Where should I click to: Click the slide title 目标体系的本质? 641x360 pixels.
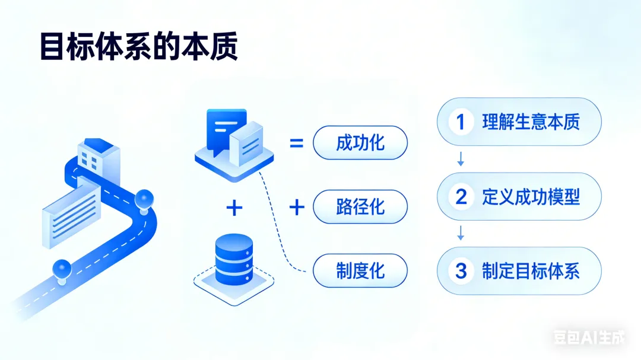click(138, 47)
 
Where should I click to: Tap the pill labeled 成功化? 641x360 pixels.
click(360, 143)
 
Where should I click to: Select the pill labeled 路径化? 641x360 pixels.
click(360, 207)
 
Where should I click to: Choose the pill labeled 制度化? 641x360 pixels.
click(360, 270)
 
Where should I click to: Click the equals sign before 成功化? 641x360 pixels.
click(296, 143)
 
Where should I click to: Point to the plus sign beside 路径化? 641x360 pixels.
click(296, 207)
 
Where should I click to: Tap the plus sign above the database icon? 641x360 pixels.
click(234, 207)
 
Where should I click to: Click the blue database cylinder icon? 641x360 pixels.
click(234, 259)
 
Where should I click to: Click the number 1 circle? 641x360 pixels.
click(460, 122)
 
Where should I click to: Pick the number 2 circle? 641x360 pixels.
click(461, 197)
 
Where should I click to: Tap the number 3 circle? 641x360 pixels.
click(461, 271)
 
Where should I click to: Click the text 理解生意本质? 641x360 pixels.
click(531, 122)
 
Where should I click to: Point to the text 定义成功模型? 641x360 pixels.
click(531, 197)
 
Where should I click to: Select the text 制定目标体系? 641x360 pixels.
click(531, 271)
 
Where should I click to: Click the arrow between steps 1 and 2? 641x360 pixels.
click(461, 159)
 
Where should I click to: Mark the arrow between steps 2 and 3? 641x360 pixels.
click(461, 233)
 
